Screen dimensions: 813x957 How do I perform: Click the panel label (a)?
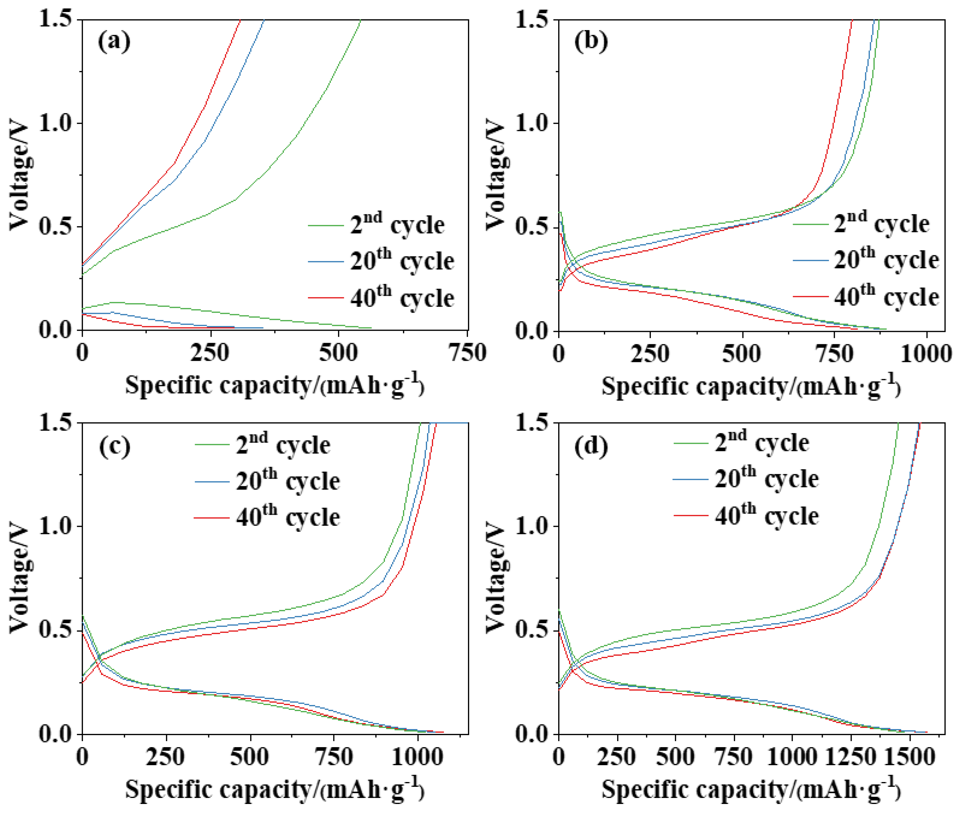(114, 42)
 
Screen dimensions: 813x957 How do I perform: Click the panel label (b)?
(590, 42)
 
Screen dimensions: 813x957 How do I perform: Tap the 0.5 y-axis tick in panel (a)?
(56, 227)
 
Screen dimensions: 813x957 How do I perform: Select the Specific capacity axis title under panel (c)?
(275, 789)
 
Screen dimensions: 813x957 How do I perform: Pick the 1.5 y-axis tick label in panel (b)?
(532, 20)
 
